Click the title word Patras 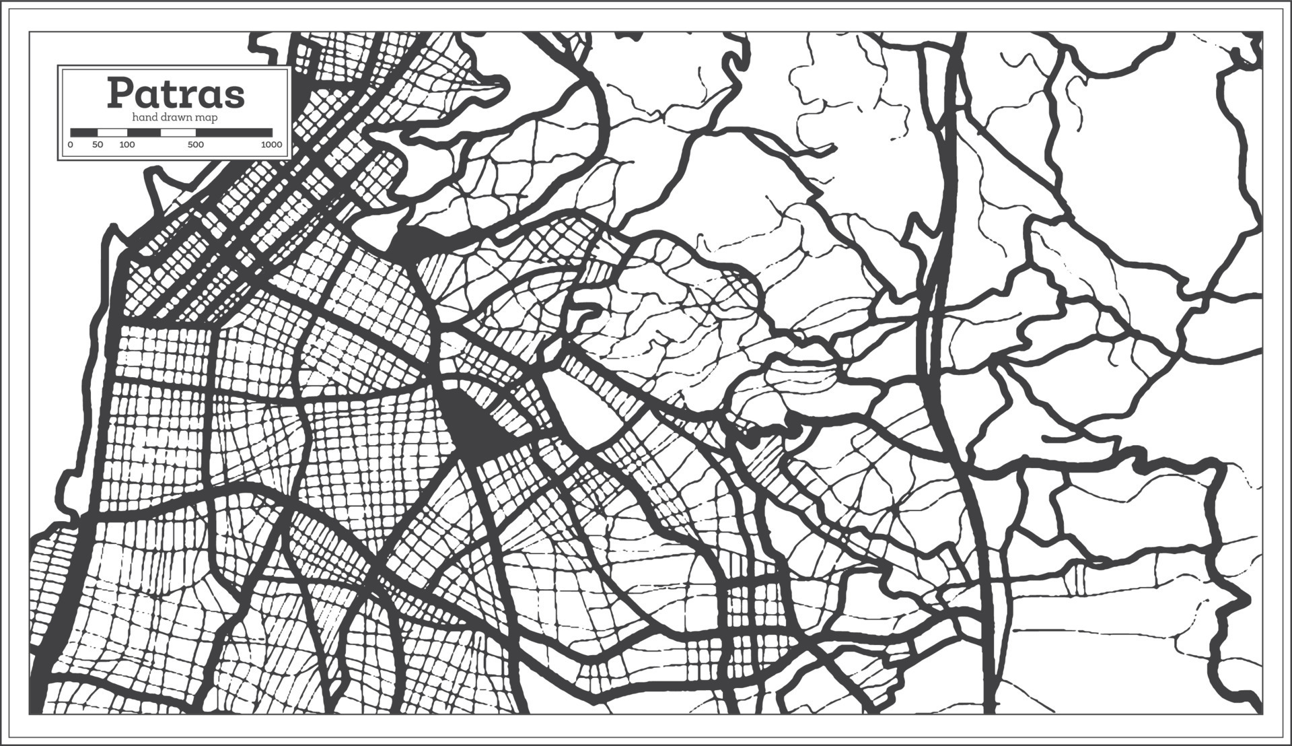point(176,94)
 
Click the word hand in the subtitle point(143,118)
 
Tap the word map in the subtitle point(207,118)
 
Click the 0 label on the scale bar point(71,145)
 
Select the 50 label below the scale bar point(98,145)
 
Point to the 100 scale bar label point(127,145)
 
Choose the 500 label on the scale point(195,145)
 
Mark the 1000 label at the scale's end point(271,145)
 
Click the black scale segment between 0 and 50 point(84,133)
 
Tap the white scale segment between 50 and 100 point(112,133)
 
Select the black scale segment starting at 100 point(143,133)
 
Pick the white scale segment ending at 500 point(178,133)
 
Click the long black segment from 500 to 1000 point(234,133)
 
